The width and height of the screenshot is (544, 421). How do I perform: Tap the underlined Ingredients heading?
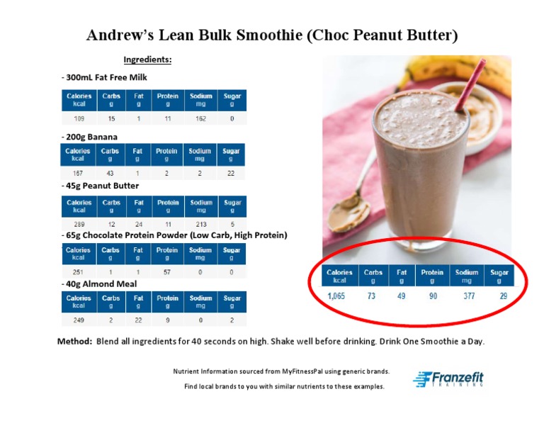147,60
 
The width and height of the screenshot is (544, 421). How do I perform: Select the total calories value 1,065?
336,296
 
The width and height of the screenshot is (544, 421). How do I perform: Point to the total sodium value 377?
469,296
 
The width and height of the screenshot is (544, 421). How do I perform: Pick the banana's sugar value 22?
232,173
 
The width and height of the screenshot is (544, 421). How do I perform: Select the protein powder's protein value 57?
167,271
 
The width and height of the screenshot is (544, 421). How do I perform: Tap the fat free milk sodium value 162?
200,119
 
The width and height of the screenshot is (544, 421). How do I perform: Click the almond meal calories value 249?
79,320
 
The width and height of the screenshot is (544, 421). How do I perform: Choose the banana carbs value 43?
110,173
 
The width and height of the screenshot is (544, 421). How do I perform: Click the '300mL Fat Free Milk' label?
106,77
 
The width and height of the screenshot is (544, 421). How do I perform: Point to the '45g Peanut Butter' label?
102,186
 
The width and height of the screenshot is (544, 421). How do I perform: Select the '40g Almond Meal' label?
101,284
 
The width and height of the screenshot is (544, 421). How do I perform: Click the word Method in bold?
74,341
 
